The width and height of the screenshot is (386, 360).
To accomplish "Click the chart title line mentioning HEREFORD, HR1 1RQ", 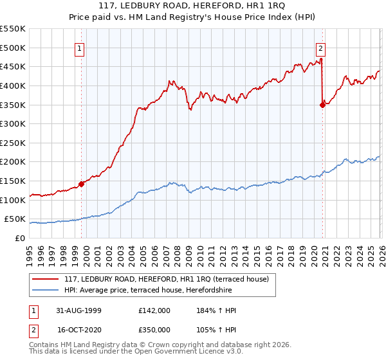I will point(193,6).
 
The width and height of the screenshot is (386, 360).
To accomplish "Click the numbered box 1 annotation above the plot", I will point(79,48).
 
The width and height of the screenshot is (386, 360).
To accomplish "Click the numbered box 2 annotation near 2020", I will point(320,48).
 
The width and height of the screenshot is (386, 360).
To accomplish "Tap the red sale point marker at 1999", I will point(82,184).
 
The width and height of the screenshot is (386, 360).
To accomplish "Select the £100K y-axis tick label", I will point(13,200).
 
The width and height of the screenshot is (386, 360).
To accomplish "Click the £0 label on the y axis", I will point(19,238).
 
